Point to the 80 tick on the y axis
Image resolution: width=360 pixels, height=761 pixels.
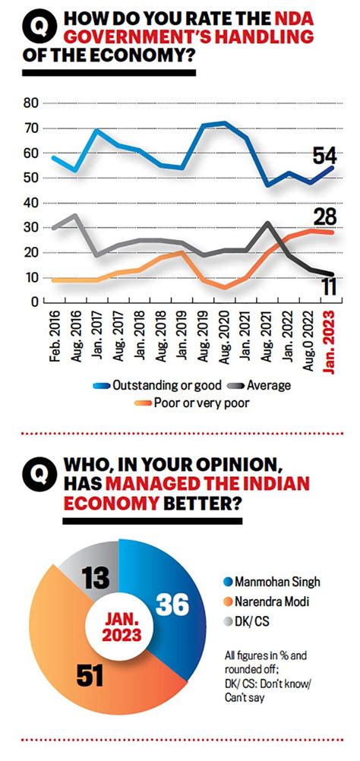(x=31, y=103)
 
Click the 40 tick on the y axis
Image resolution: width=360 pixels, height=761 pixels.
(x=31, y=203)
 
